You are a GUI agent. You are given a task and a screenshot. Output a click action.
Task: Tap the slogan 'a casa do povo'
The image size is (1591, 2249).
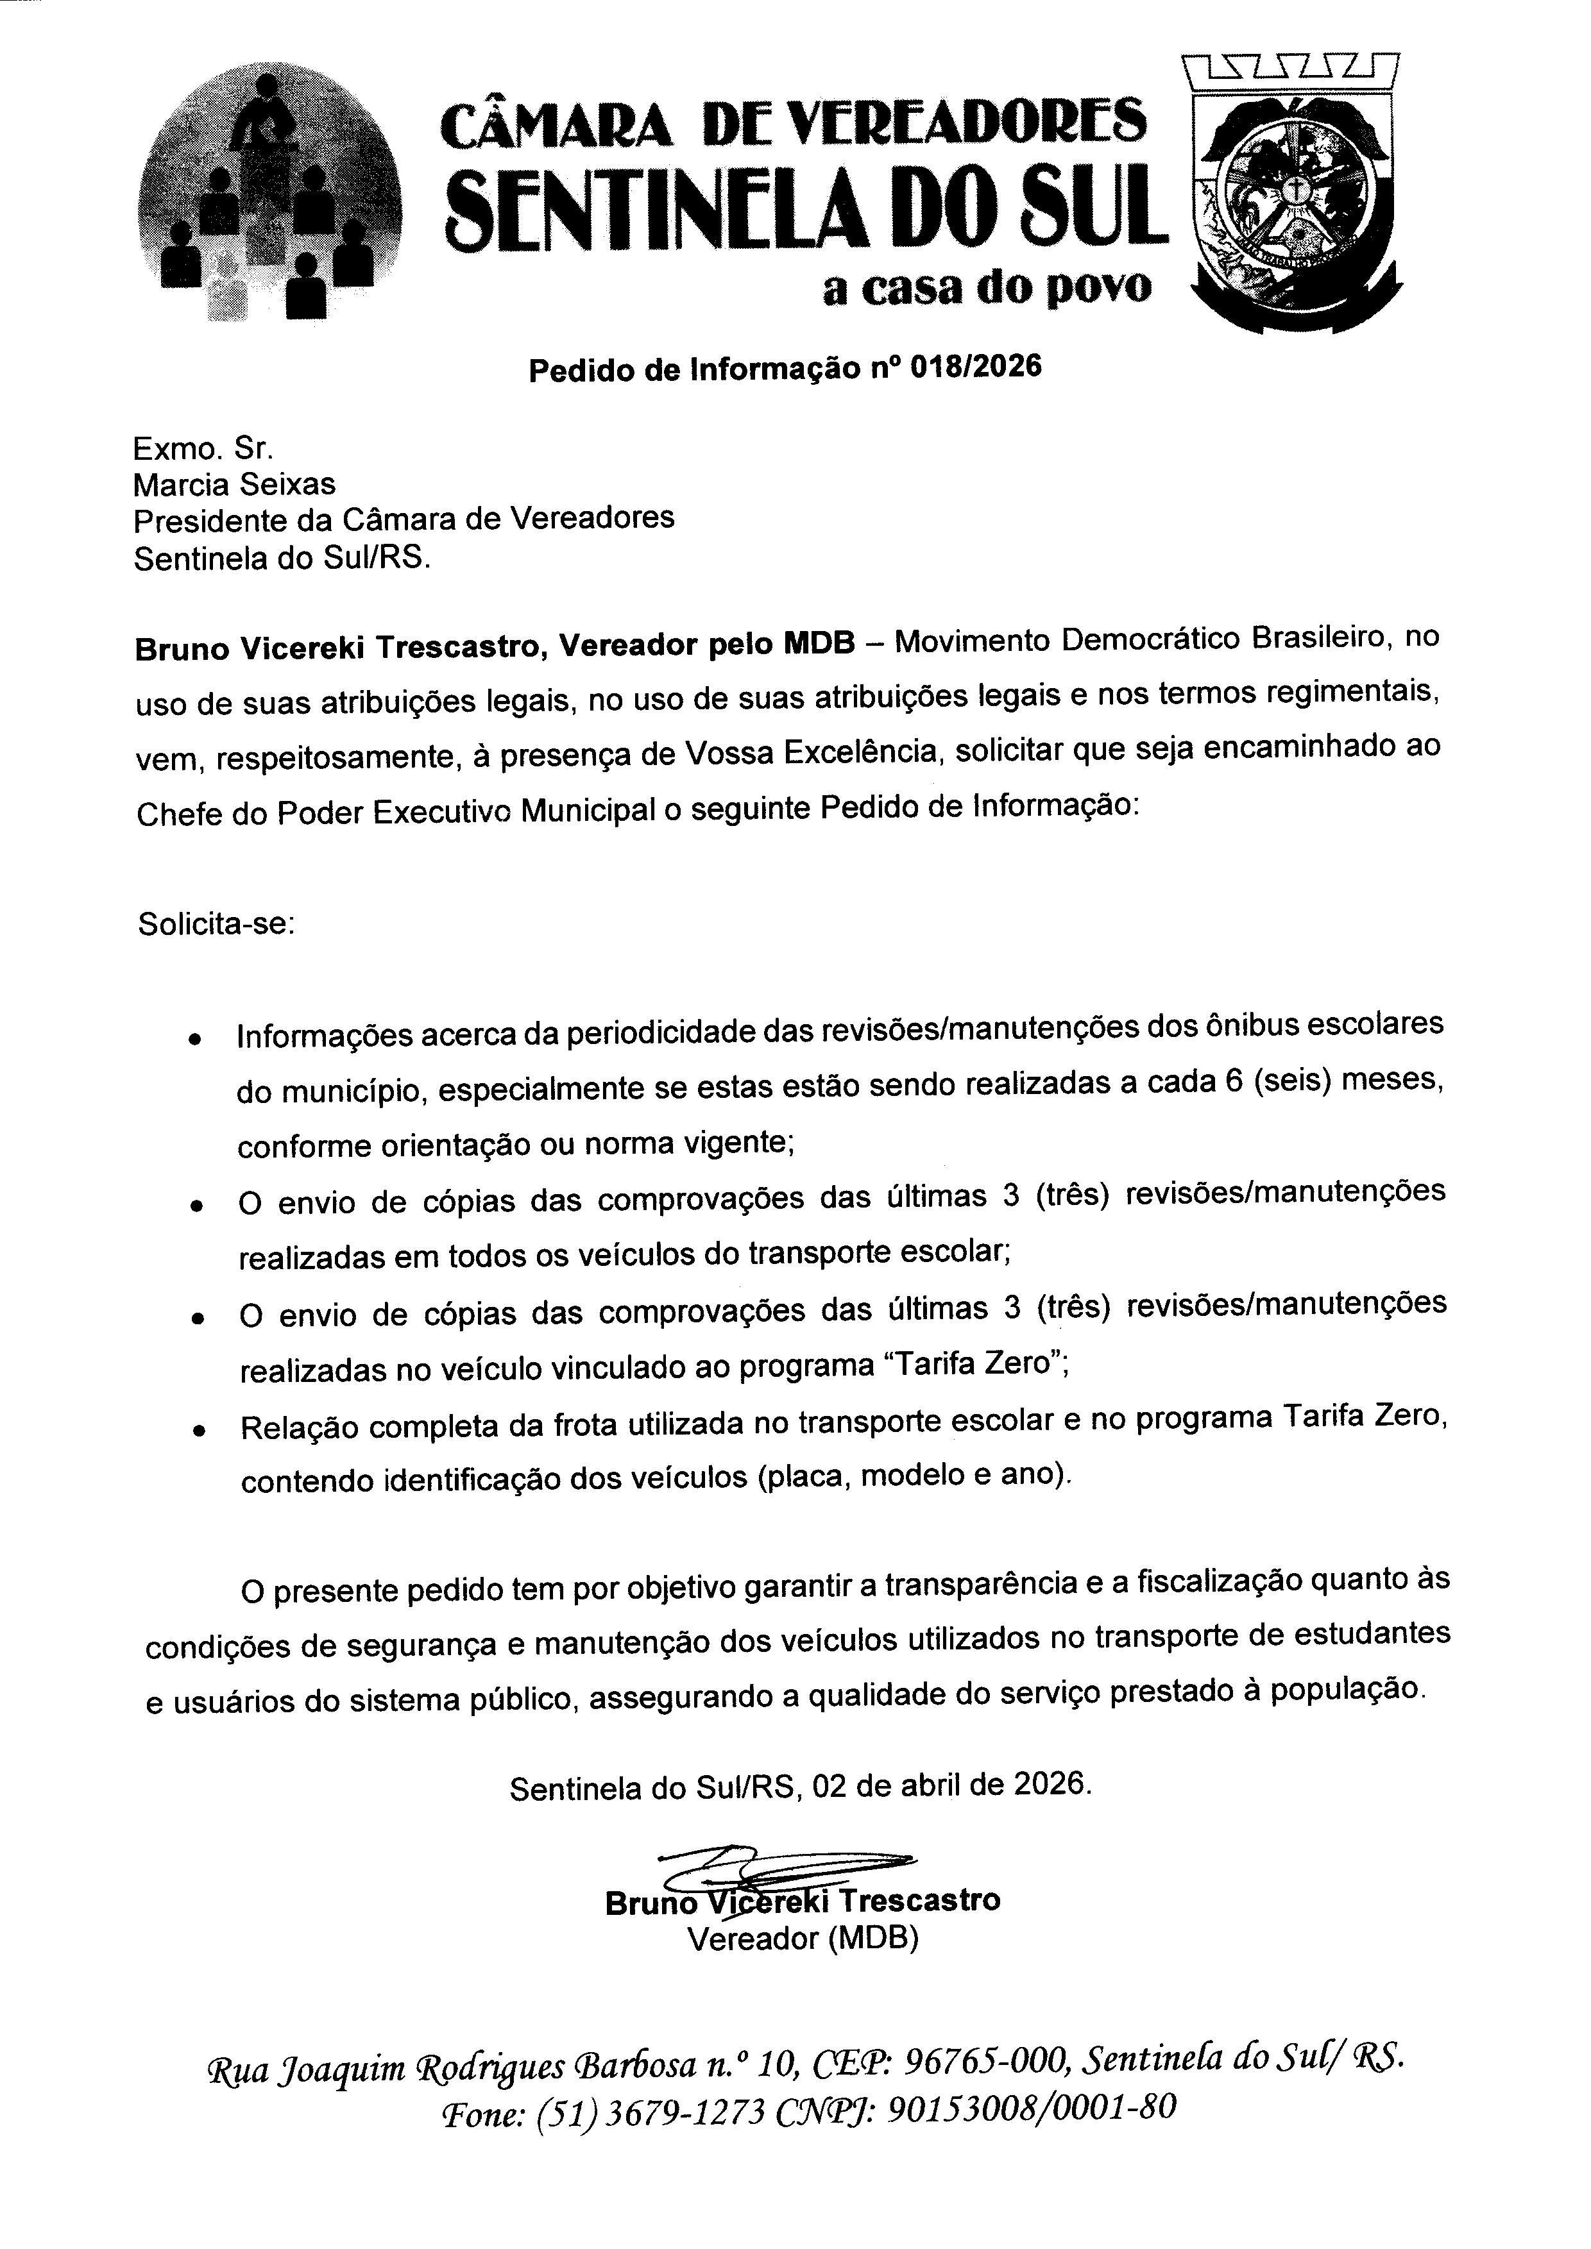pos(987,288)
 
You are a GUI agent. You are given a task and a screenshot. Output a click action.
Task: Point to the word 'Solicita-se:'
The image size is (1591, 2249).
pos(216,923)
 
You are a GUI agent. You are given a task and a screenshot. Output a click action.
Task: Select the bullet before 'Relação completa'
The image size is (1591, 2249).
pos(199,1431)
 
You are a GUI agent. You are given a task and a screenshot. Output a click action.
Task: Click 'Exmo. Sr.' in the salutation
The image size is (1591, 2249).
pos(203,449)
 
